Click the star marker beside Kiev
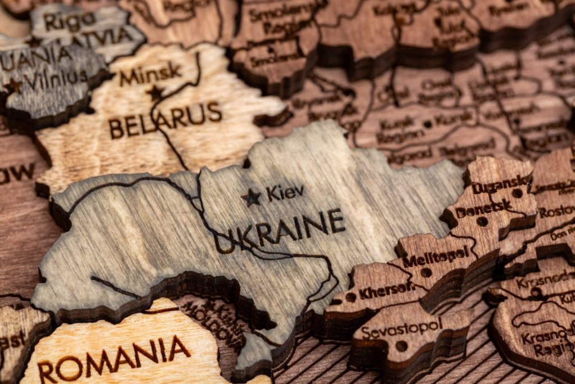click(x=251, y=197)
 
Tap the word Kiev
click(x=285, y=193)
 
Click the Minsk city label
click(x=150, y=74)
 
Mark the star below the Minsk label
click(x=154, y=92)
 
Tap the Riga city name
click(x=70, y=21)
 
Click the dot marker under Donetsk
click(x=482, y=222)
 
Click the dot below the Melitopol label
click(x=426, y=272)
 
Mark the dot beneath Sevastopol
click(x=401, y=346)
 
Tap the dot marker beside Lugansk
click(x=517, y=193)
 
